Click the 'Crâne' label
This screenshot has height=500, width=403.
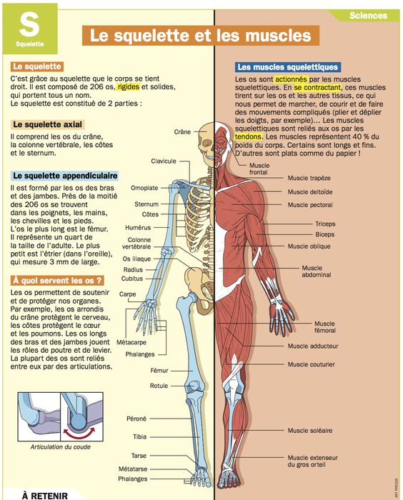pyautogui.click(x=182, y=131)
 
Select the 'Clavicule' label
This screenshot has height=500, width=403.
pyautogui.click(x=164, y=161)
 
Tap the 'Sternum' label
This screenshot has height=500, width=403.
pyautogui.click(x=146, y=204)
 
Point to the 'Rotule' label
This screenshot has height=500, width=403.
pyautogui.click(x=159, y=386)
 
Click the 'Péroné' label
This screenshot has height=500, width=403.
pyautogui.click(x=136, y=419)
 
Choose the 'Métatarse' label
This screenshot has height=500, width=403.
pyautogui.click(x=133, y=469)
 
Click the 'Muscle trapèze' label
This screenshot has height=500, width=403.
pyautogui.click(x=309, y=178)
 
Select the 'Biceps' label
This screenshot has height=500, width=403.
pyautogui.click(x=325, y=234)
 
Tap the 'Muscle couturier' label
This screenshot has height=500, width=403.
pyautogui.click(x=311, y=364)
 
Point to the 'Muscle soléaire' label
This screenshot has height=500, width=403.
pyautogui.click(x=310, y=431)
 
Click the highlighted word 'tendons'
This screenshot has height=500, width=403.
pyautogui.click(x=249, y=137)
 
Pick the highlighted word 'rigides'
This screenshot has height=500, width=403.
pyautogui.click(x=129, y=86)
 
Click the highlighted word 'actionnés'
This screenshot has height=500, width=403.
pyautogui.click(x=291, y=79)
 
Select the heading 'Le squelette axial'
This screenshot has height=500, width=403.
pyautogui.click(x=48, y=124)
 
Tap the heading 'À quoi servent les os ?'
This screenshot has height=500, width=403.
pyautogui.click(x=57, y=281)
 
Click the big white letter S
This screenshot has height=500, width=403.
pyautogui.click(x=29, y=24)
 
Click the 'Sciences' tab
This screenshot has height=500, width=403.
pyautogui.click(x=368, y=16)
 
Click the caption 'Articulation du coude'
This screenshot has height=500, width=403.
pyautogui.click(x=60, y=447)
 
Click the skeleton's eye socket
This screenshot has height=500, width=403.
pyautogui.click(x=207, y=143)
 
